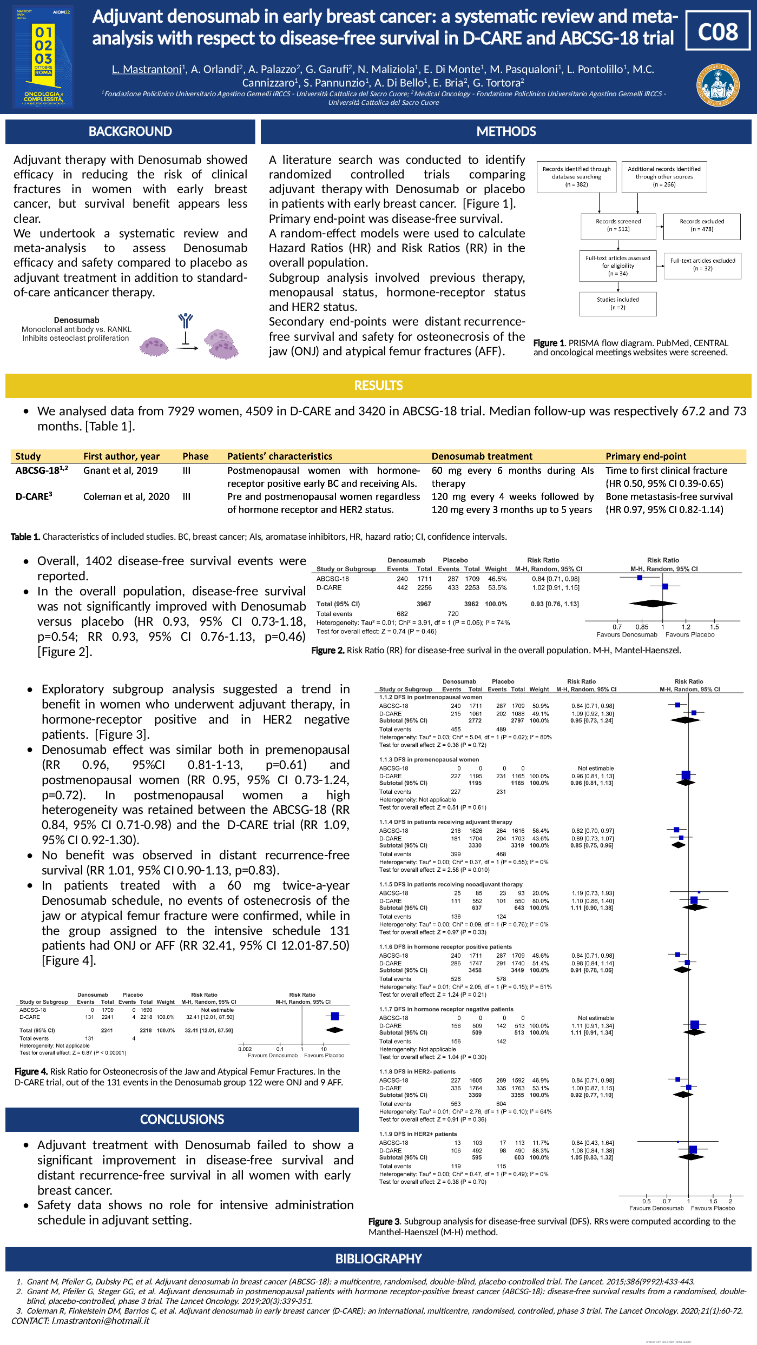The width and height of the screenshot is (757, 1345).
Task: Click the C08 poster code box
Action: tap(717, 32)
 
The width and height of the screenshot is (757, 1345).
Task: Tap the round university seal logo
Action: tap(718, 85)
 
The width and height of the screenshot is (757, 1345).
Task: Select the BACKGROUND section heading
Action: tap(130, 131)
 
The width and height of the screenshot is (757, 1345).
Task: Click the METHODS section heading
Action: tap(506, 131)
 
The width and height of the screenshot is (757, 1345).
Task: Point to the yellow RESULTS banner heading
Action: tap(378, 386)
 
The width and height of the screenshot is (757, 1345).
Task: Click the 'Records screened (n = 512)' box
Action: tap(618, 226)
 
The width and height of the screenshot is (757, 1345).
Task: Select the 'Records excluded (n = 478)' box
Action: tap(702, 226)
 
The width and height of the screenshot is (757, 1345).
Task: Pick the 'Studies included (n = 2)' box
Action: tap(618, 303)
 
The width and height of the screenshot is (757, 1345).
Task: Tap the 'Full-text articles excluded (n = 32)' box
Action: tap(702, 264)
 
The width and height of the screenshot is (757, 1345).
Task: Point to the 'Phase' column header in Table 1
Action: tap(195, 456)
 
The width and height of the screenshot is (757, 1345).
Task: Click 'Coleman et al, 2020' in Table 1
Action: tap(126, 496)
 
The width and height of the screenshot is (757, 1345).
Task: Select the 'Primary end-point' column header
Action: tap(646, 456)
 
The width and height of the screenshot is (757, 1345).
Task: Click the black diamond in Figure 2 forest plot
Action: tap(653, 603)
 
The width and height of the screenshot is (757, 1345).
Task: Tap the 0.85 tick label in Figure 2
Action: tap(642, 627)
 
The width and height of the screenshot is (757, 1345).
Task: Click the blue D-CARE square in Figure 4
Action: tap(335, 1016)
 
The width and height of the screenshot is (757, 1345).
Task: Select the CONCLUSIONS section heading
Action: tap(182, 1119)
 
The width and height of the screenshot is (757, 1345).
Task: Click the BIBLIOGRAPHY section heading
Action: tap(378, 1258)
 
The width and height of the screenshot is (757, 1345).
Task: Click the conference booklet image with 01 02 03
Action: tap(43, 57)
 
